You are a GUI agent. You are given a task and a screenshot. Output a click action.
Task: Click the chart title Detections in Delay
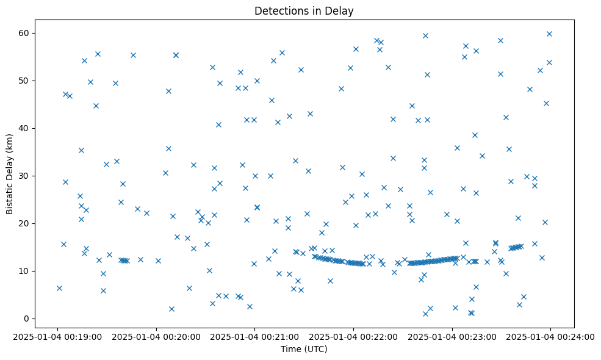[x=304, y=11]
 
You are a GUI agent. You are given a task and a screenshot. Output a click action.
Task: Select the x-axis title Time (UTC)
[x=304, y=349]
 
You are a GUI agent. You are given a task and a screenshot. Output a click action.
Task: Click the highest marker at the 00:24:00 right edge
[x=549, y=34]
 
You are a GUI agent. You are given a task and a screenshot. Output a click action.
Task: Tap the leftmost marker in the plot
[x=59, y=288]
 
